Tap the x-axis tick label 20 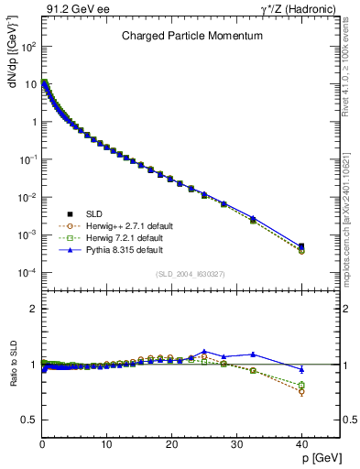click(x=171, y=444)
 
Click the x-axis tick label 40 click(x=301, y=444)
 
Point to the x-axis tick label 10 click(x=106, y=444)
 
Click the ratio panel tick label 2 click(x=33, y=309)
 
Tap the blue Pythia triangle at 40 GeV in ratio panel click(x=301, y=369)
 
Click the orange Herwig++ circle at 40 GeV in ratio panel click(x=301, y=391)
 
